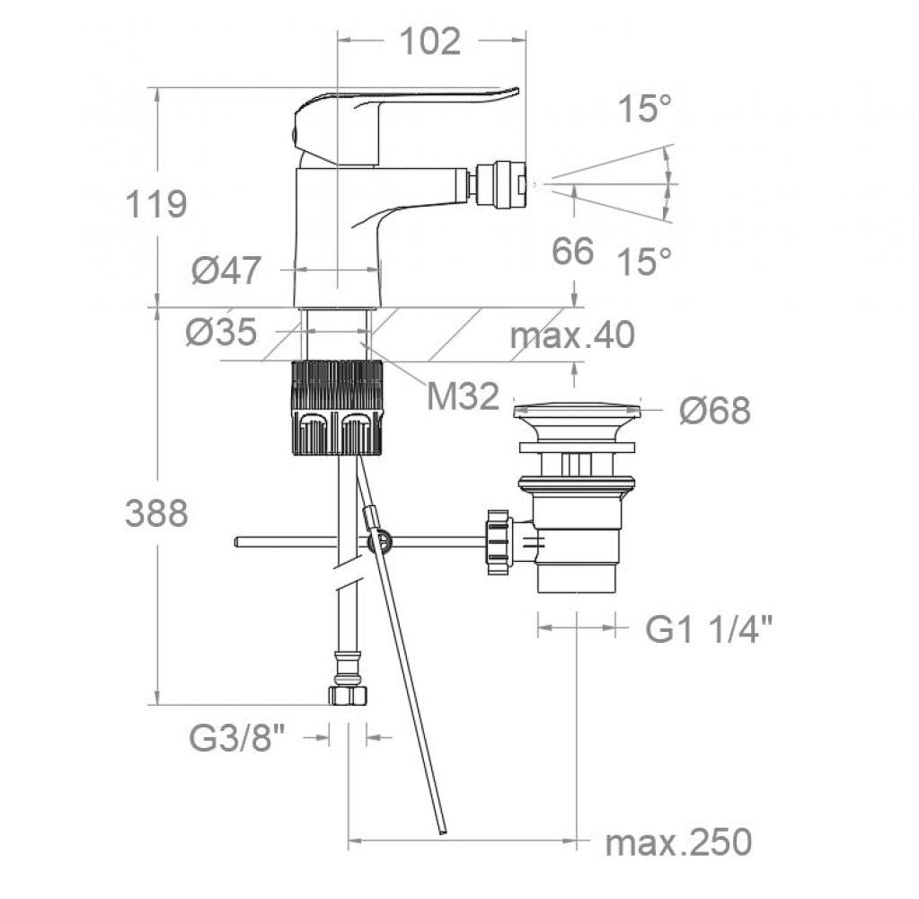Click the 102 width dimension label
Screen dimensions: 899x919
click(429, 41)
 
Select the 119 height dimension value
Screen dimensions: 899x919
click(155, 204)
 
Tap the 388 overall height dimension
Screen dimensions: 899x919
click(155, 513)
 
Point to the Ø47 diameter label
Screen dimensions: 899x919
click(225, 270)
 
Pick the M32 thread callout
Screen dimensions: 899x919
click(463, 395)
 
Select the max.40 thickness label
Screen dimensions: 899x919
click(572, 335)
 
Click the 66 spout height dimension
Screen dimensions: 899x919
click(573, 252)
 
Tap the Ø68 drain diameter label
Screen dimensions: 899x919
click(714, 411)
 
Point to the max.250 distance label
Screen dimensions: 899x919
click(678, 843)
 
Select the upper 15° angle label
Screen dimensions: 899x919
click(645, 110)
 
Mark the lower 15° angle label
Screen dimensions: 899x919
click(645, 262)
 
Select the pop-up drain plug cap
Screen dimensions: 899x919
click(576, 414)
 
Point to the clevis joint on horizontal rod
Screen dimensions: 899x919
click(379, 541)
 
